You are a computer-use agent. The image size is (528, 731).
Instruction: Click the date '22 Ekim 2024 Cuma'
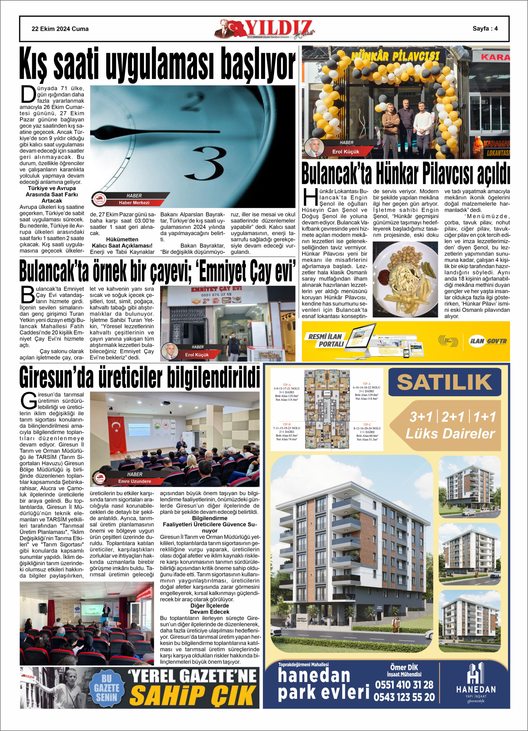60,29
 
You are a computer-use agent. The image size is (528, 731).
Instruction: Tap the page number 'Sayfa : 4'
485,28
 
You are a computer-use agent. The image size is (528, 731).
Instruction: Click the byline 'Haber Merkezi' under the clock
134,203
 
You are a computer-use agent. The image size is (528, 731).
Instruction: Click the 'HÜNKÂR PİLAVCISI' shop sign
395,57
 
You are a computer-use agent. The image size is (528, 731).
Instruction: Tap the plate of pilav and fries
405,279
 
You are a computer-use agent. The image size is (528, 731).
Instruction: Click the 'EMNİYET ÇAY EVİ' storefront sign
216,289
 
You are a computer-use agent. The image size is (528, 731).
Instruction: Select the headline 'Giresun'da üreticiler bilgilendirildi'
140,377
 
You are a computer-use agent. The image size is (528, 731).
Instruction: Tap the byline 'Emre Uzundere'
135,481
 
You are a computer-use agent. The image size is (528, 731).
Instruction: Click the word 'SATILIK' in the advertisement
444,382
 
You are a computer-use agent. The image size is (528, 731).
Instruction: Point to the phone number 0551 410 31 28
404,685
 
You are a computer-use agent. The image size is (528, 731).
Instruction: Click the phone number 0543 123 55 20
404,697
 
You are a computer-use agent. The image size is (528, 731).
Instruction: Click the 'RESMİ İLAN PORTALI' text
325,340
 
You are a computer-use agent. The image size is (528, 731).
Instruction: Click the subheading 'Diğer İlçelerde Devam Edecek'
210,609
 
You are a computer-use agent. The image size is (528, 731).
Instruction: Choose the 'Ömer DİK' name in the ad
404,668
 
